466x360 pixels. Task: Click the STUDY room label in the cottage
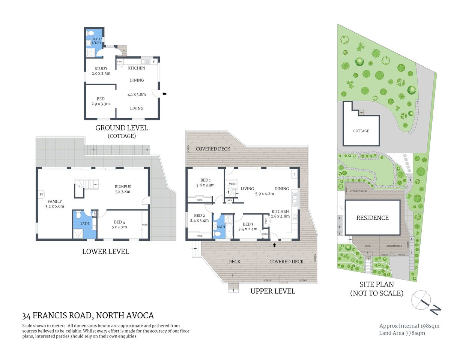pyautogui.click(x=101, y=69)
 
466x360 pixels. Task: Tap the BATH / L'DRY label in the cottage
pyautogui.click(x=96, y=41)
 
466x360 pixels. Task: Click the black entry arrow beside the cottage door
pyautogui.click(x=164, y=94)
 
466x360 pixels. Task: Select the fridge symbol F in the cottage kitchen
pyautogui.click(x=153, y=61)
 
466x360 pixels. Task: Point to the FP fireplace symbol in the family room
pyautogui.click(x=41, y=195)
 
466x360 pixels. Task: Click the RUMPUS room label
pyautogui.click(x=123, y=186)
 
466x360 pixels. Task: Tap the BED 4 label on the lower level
pyautogui.click(x=119, y=222)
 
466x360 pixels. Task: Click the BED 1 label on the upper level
pyautogui.click(x=205, y=180)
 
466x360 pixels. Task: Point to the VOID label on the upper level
pyautogui.click(x=233, y=184)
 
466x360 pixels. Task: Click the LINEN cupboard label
pyautogui.click(x=229, y=201)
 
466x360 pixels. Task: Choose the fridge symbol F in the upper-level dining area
pyautogui.click(x=294, y=174)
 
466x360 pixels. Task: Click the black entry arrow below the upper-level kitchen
pyautogui.click(x=274, y=245)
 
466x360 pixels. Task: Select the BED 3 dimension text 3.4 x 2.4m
pyautogui.click(x=248, y=229)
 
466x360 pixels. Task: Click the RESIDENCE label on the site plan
pyautogui.click(x=372, y=218)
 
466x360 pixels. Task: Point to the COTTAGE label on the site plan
pyautogui.click(x=361, y=131)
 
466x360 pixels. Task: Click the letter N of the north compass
pyautogui.click(x=435, y=310)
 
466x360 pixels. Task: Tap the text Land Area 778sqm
pyautogui.click(x=402, y=333)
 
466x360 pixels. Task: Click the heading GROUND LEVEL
pyautogui.click(x=122, y=128)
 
